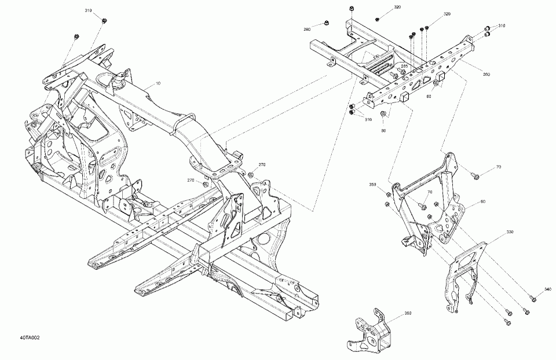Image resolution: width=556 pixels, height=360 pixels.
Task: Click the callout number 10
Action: click(158, 85)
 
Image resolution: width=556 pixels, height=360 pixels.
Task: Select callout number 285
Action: click(404, 67)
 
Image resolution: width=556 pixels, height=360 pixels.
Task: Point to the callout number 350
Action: click(373, 185)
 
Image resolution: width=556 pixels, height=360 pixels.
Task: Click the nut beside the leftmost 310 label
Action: click(104, 20)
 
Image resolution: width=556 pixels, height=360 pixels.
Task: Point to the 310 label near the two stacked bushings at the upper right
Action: click(502, 26)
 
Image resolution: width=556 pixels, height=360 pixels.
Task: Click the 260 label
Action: click(485, 74)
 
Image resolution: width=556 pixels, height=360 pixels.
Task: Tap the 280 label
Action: click(307, 29)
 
